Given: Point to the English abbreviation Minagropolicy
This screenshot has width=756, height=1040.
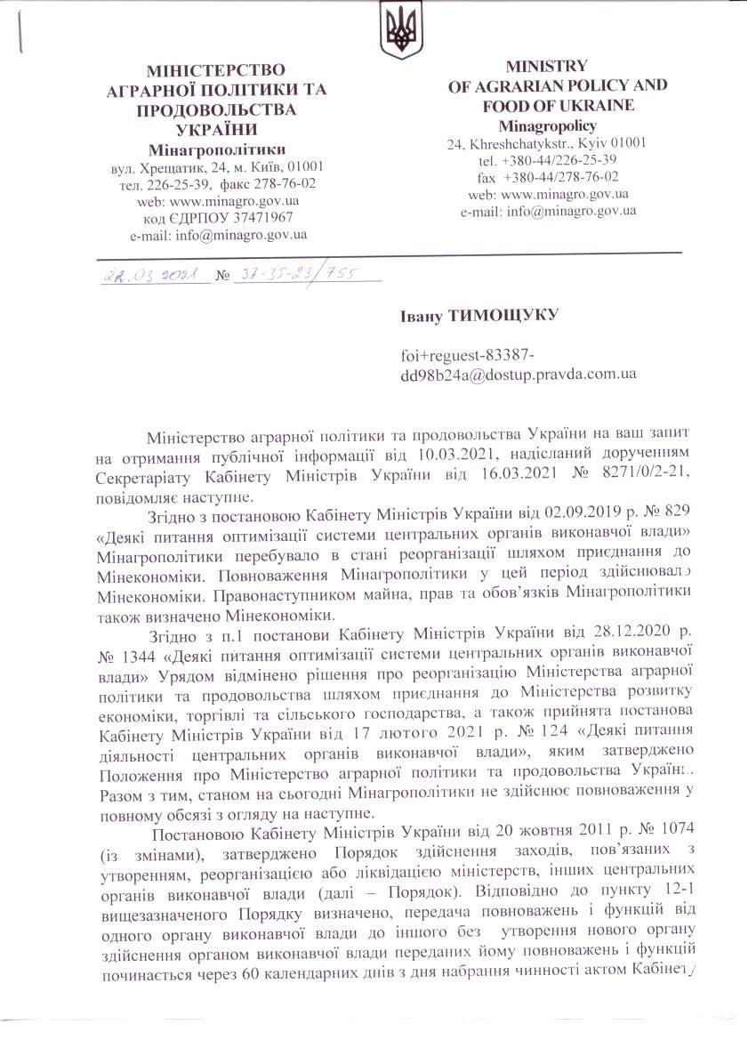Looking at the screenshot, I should pos(546,125).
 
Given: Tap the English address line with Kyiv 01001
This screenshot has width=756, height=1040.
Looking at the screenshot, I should pos(546,142).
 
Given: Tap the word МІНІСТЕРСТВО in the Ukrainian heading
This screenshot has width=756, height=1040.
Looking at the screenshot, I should pos(216,70).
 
